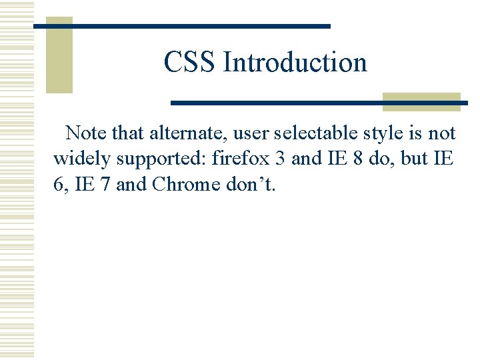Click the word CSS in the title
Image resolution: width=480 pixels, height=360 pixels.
click(x=190, y=63)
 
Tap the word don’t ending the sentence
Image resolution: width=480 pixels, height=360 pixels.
click(x=251, y=184)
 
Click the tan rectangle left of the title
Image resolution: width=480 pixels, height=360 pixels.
click(x=59, y=55)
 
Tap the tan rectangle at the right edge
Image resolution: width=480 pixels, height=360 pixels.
click(x=421, y=101)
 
